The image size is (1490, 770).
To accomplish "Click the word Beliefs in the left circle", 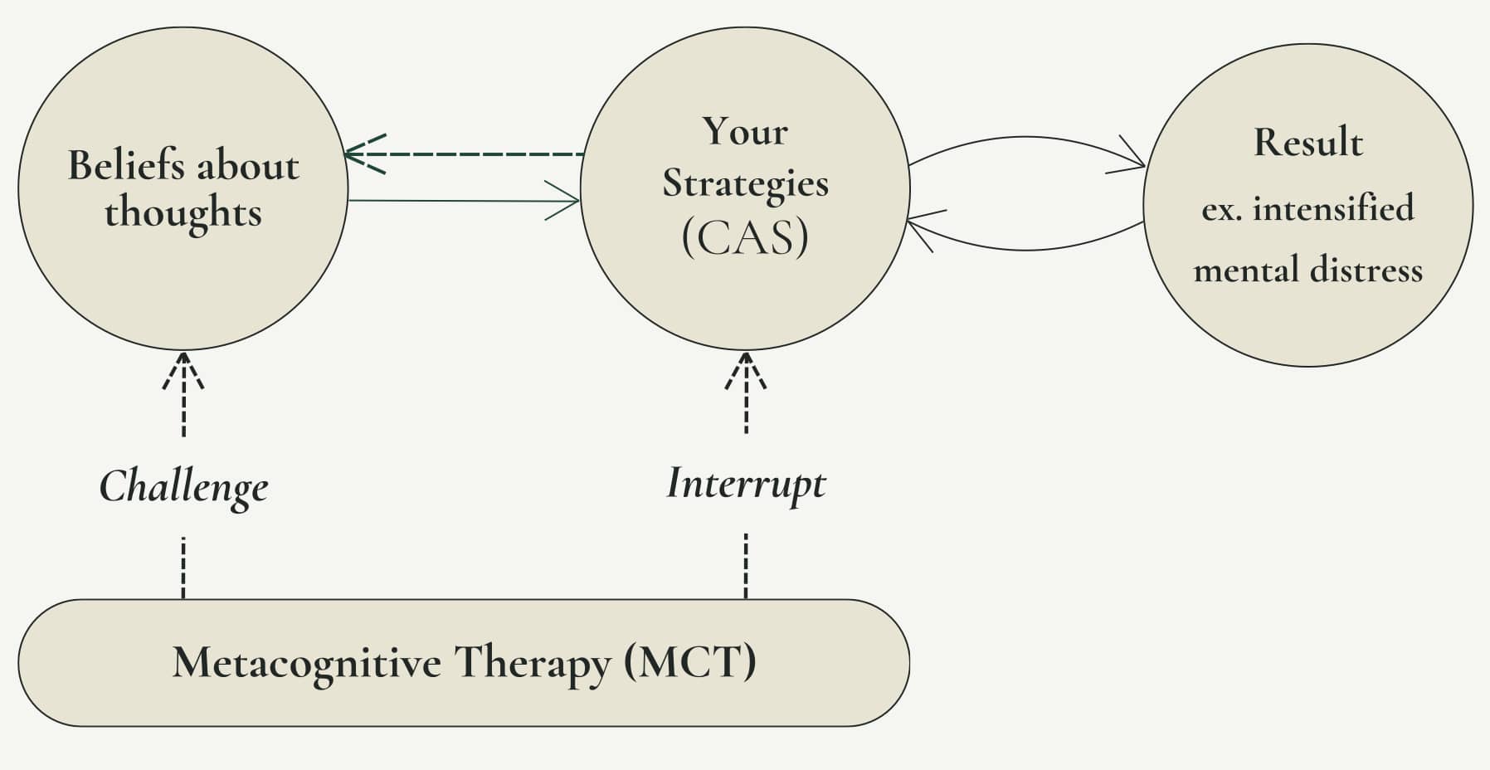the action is (126, 165).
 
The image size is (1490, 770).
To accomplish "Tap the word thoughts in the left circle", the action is (183, 212).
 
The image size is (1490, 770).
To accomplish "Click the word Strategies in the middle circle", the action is (745, 184).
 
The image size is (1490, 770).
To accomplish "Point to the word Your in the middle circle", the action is (745, 132).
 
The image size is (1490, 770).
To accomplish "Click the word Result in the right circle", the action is (1308, 142).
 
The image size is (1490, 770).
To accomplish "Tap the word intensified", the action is (1333, 207).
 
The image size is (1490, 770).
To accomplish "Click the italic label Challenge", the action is (183, 487).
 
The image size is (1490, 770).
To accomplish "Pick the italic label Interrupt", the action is (746, 484).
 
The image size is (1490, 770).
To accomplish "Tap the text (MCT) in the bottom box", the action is (690, 662).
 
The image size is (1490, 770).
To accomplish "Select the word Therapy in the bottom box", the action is (532, 664).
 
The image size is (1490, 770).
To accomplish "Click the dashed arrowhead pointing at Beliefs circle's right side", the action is (363, 154).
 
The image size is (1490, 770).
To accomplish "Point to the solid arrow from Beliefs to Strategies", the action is (464, 201).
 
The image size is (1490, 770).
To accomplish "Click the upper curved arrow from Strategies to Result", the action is (1027, 138).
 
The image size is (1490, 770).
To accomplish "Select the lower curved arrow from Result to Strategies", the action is (1025, 249).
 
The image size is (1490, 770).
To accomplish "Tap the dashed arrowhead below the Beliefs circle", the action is (183, 371).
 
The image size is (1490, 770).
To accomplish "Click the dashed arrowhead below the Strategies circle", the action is (746, 371).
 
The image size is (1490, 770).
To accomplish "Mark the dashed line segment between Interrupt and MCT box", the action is (746, 566).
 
